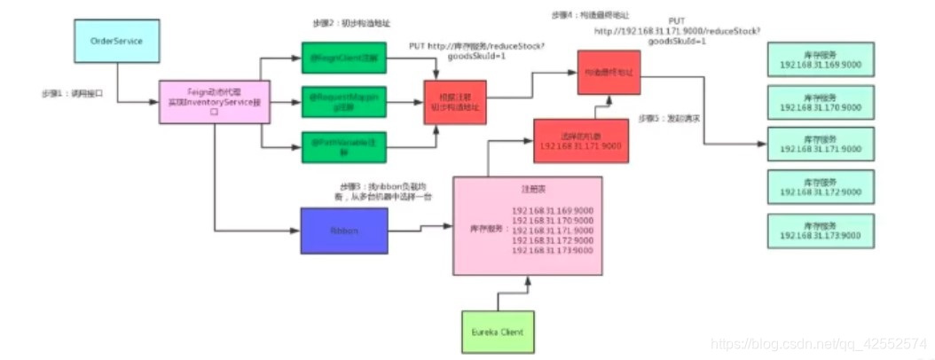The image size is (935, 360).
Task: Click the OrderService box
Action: tap(117, 42)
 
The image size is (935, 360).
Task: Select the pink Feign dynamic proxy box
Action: tap(213, 104)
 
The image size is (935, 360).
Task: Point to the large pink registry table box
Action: tap(528, 225)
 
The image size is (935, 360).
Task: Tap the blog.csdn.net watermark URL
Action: tap(821, 342)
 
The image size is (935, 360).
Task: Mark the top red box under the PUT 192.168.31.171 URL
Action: tap(609, 70)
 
